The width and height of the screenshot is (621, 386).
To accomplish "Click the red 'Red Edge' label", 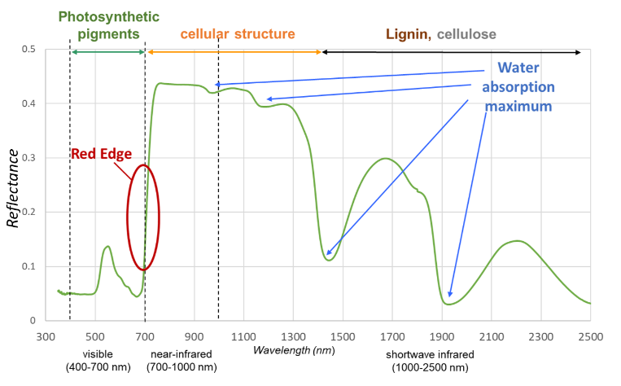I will pos(100,153).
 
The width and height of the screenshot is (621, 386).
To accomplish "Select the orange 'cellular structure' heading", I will pos(238,34).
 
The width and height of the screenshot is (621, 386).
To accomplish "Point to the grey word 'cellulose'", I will pos(466,34).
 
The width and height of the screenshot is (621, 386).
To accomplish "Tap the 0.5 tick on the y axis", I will pos(28,50).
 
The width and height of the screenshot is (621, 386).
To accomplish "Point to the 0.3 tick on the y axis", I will pos(28,158).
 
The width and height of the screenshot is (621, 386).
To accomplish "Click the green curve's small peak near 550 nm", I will pos(107,246).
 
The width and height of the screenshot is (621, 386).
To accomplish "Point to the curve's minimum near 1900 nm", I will pos(448,304).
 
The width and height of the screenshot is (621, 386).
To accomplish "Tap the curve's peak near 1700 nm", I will pos(386,159).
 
